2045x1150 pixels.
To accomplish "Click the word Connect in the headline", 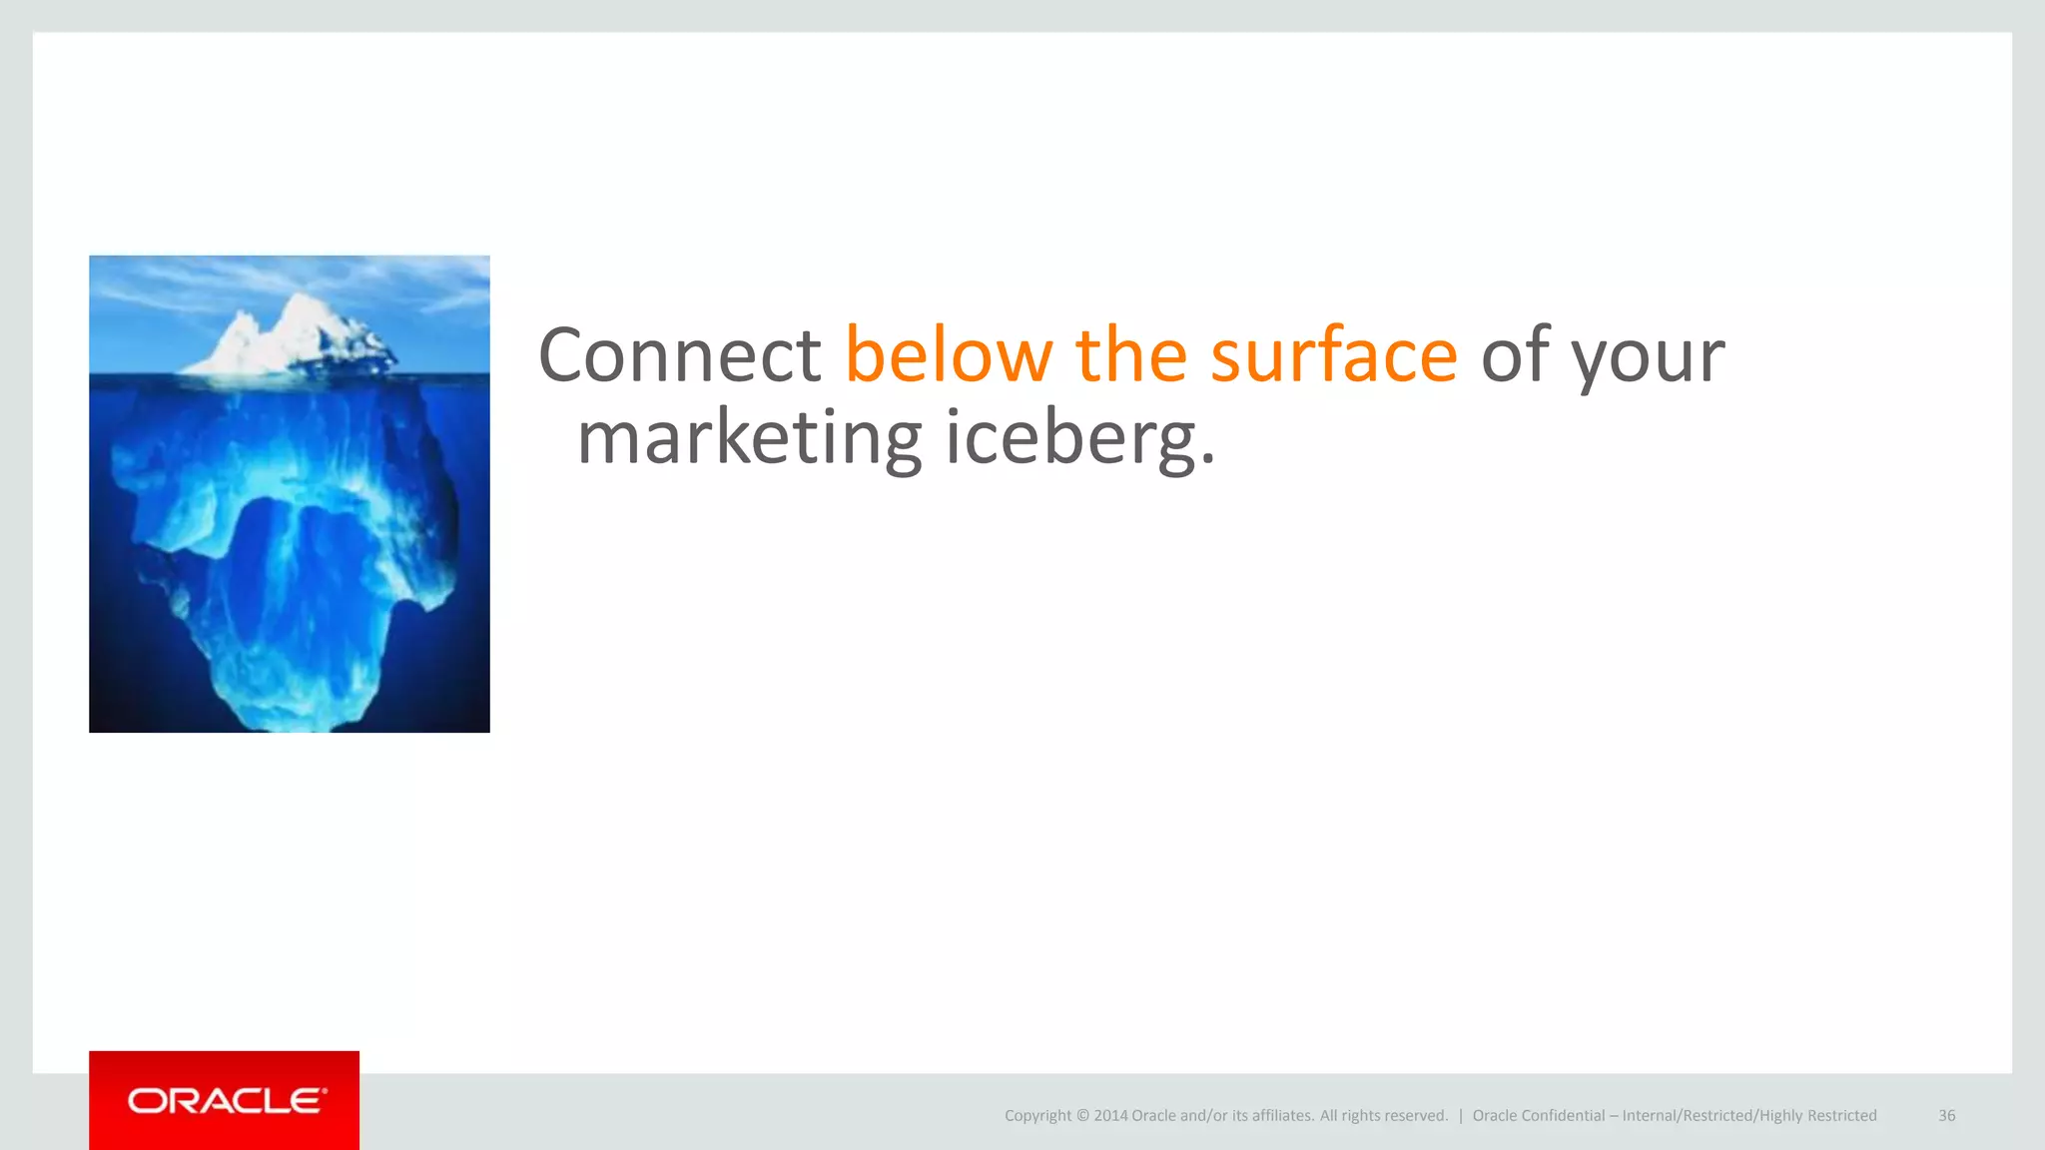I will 679,355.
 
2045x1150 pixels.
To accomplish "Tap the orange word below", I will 949,355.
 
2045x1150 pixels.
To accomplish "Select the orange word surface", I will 1334,355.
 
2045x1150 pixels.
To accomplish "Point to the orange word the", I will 1131,355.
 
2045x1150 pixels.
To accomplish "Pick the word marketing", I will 750,439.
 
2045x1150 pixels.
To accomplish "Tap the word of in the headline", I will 1515,355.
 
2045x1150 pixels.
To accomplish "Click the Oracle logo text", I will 227,1101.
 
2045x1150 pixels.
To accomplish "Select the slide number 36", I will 1946,1116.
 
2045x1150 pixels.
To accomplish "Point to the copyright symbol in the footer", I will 1082,1116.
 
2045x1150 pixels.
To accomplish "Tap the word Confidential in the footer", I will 1563,1116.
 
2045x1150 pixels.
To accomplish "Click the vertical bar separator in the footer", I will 1460,1116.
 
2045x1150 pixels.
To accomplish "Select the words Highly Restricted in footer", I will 1817,1116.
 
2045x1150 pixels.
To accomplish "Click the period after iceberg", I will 1207,462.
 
